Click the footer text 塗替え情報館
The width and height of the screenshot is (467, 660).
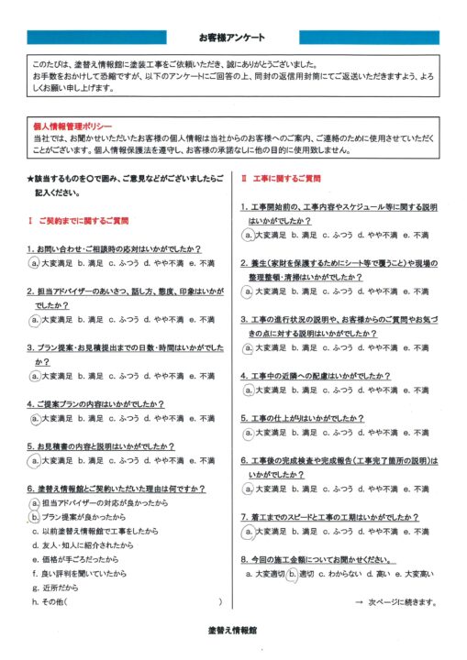coord(232,632)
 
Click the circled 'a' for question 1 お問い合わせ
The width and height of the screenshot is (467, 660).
coord(34,263)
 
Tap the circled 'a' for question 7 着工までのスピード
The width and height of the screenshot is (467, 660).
coord(248,531)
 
